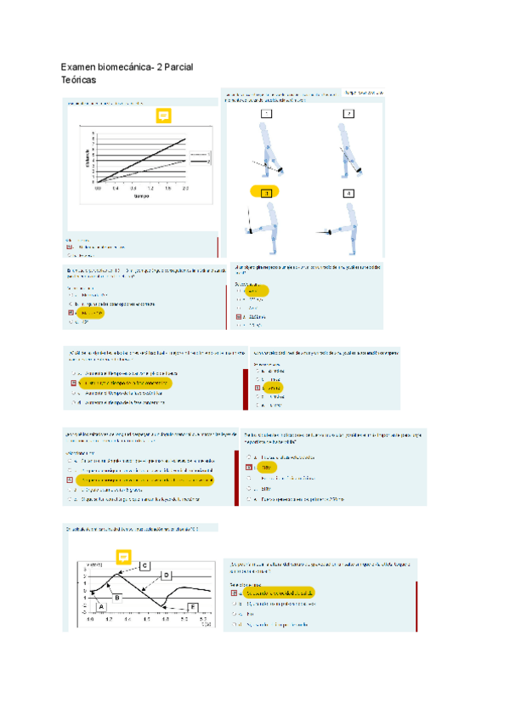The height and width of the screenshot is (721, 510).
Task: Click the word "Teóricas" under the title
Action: pyautogui.click(x=78, y=78)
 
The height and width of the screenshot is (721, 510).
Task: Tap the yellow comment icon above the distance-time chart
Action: pyautogui.click(x=164, y=116)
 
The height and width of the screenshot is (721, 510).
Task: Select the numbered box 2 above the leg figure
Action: pyautogui.click(x=348, y=113)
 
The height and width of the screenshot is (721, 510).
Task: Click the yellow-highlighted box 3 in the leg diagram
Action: pyautogui.click(x=266, y=193)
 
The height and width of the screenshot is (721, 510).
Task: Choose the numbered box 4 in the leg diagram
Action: pyautogui.click(x=348, y=193)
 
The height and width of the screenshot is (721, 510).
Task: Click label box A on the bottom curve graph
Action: pyautogui.click(x=102, y=605)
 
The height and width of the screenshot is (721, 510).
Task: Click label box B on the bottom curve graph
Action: pyautogui.click(x=117, y=597)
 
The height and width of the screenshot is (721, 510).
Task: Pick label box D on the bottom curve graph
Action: pyautogui.click(x=166, y=576)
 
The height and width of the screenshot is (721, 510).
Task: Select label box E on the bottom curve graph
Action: pyautogui.click(x=193, y=605)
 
